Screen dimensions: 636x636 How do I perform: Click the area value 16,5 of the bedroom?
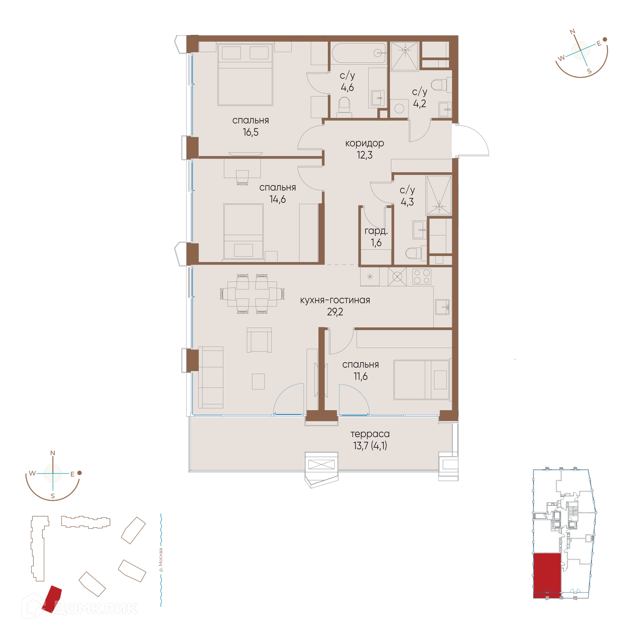pyautogui.click(x=250, y=132)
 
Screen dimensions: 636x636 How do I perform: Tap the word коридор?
pyautogui.click(x=364, y=143)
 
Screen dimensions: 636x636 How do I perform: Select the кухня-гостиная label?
pyautogui.click(x=335, y=300)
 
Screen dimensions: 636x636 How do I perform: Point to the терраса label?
pyautogui.click(x=370, y=434)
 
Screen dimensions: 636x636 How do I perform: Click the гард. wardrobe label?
pyautogui.click(x=376, y=231)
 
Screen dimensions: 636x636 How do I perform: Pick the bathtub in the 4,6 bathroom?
pyautogui.click(x=359, y=53)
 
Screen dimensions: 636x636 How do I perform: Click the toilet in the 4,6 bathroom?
pyautogui.click(x=344, y=107)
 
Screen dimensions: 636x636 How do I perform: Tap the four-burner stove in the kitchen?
pyautogui.click(x=422, y=277)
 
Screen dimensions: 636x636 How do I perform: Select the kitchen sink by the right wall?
pyautogui.click(x=442, y=307)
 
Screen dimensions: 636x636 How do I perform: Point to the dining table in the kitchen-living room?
pyautogui.click(x=252, y=294)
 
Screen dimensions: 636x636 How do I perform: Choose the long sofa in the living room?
pyautogui.click(x=211, y=377)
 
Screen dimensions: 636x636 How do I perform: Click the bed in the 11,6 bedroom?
pyautogui.click(x=421, y=380)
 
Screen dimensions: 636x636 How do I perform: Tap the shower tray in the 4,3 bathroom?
pyautogui.click(x=439, y=195)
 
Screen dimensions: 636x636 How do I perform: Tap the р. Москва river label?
pyautogui.click(x=161, y=560)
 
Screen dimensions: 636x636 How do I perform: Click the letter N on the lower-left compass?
pyautogui.click(x=53, y=453)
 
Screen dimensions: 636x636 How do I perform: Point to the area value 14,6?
pyautogui.click(x=278, y=199)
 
